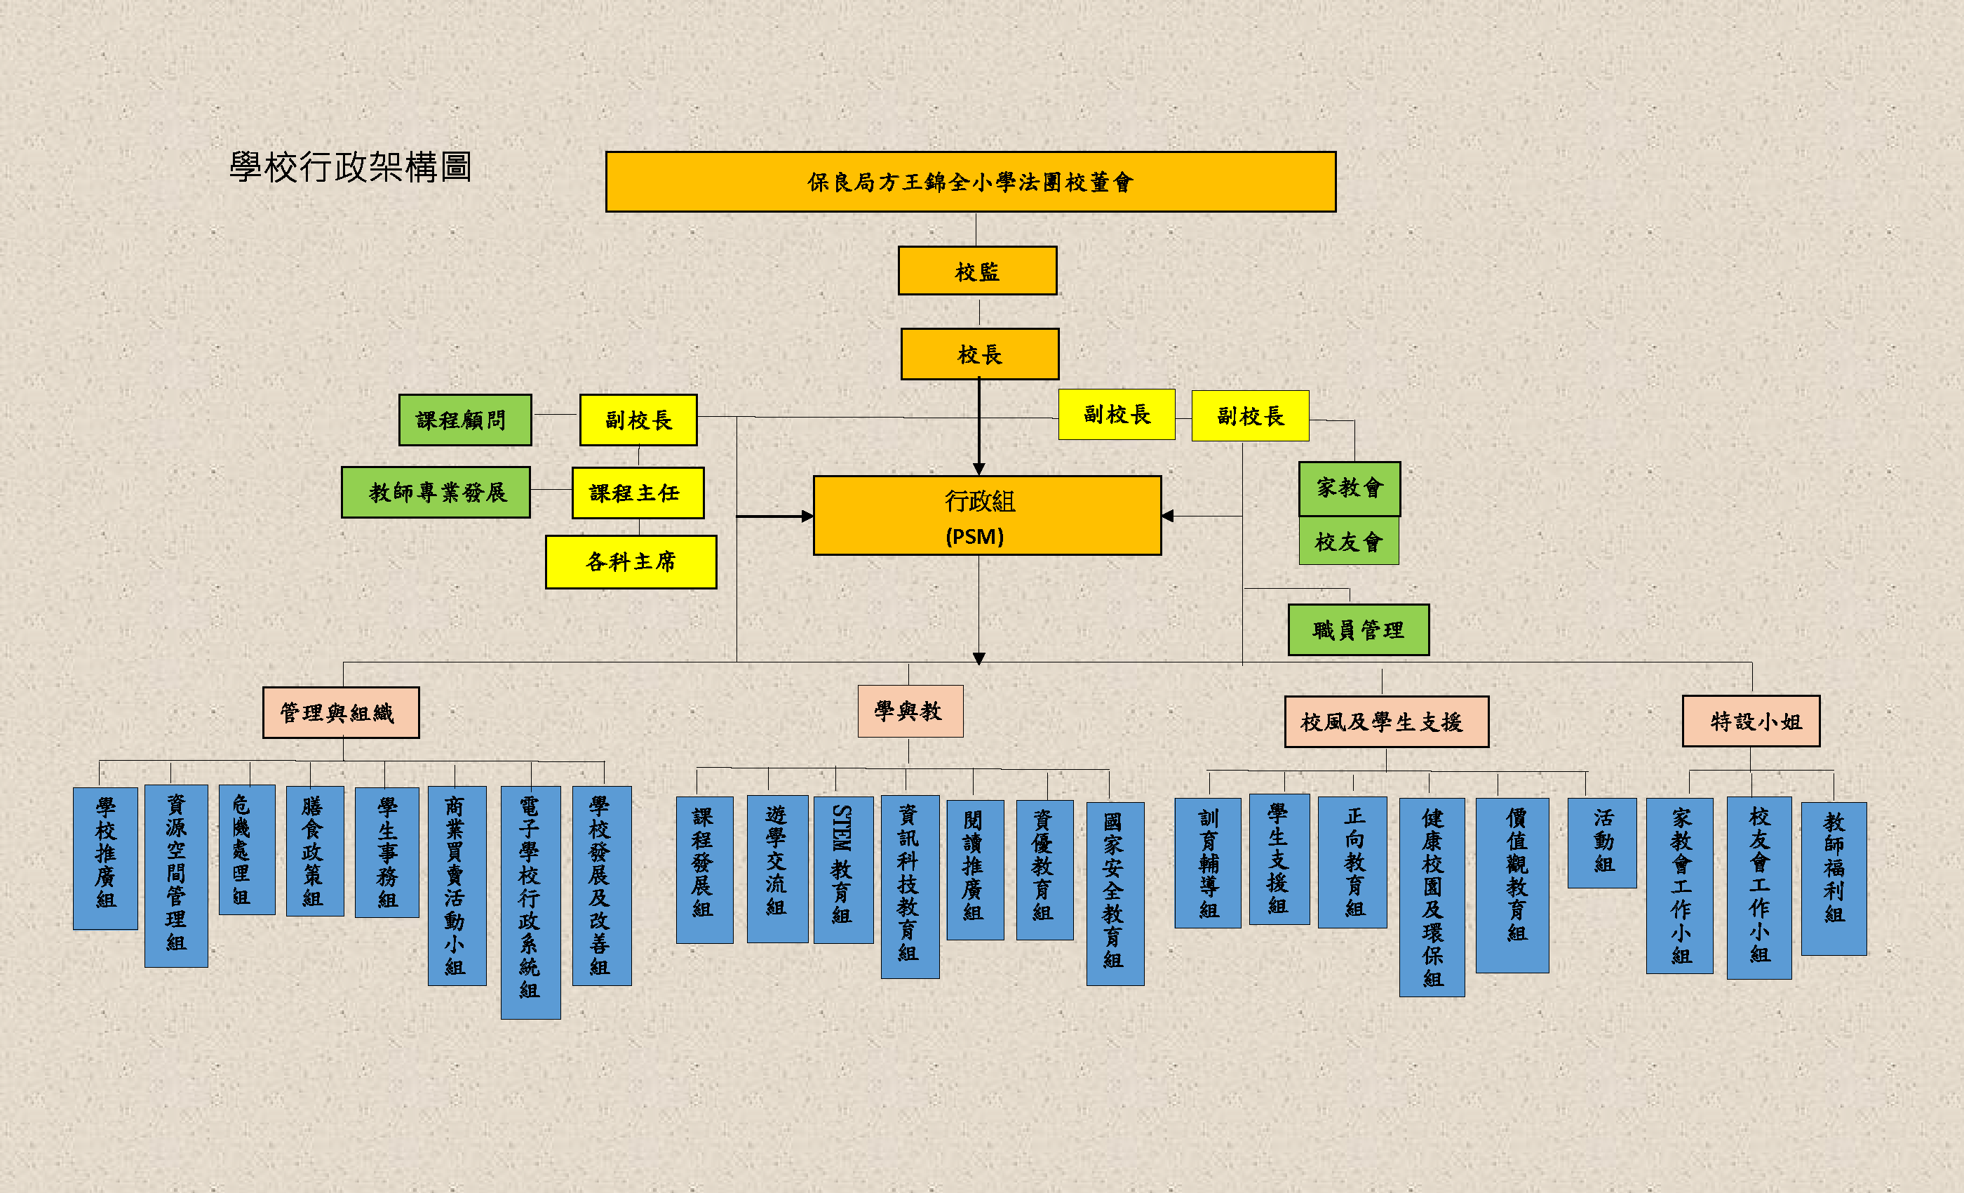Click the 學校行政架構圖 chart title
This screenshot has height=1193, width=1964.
pos(351,168)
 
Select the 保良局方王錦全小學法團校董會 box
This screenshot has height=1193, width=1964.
pos(970,182)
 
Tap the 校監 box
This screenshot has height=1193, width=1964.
pos(977,271)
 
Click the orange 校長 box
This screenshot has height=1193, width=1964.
pos(980,354)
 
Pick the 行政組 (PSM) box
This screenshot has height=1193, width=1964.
pos(987,516)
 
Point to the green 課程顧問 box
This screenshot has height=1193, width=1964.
pos(464,420)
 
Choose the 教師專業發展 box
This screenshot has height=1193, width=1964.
pos(436,493)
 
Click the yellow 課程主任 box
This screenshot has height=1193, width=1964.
pos(638,493)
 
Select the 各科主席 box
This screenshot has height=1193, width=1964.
pos(631,562)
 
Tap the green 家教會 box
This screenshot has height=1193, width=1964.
pos(1349,488)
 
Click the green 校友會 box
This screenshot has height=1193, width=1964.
pos(1349,542)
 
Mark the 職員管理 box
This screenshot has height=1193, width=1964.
pos(1358,630)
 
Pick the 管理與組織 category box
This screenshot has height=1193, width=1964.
pos(340,713)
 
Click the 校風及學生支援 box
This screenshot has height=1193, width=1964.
pos(1386,721)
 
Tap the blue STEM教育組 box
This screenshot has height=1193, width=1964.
pos(843,869)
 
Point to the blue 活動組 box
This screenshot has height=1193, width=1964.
pos(1602,842)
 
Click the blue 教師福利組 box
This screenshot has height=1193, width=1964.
pos(1834,878)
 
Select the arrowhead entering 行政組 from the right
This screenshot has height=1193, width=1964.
pos(1168,516)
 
